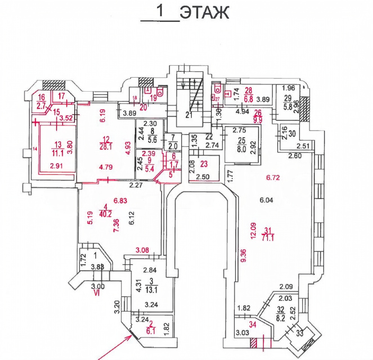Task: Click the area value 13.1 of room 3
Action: point(151,290)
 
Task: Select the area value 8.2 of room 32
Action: point(281,317)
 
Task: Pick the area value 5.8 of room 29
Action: point(289,105)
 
